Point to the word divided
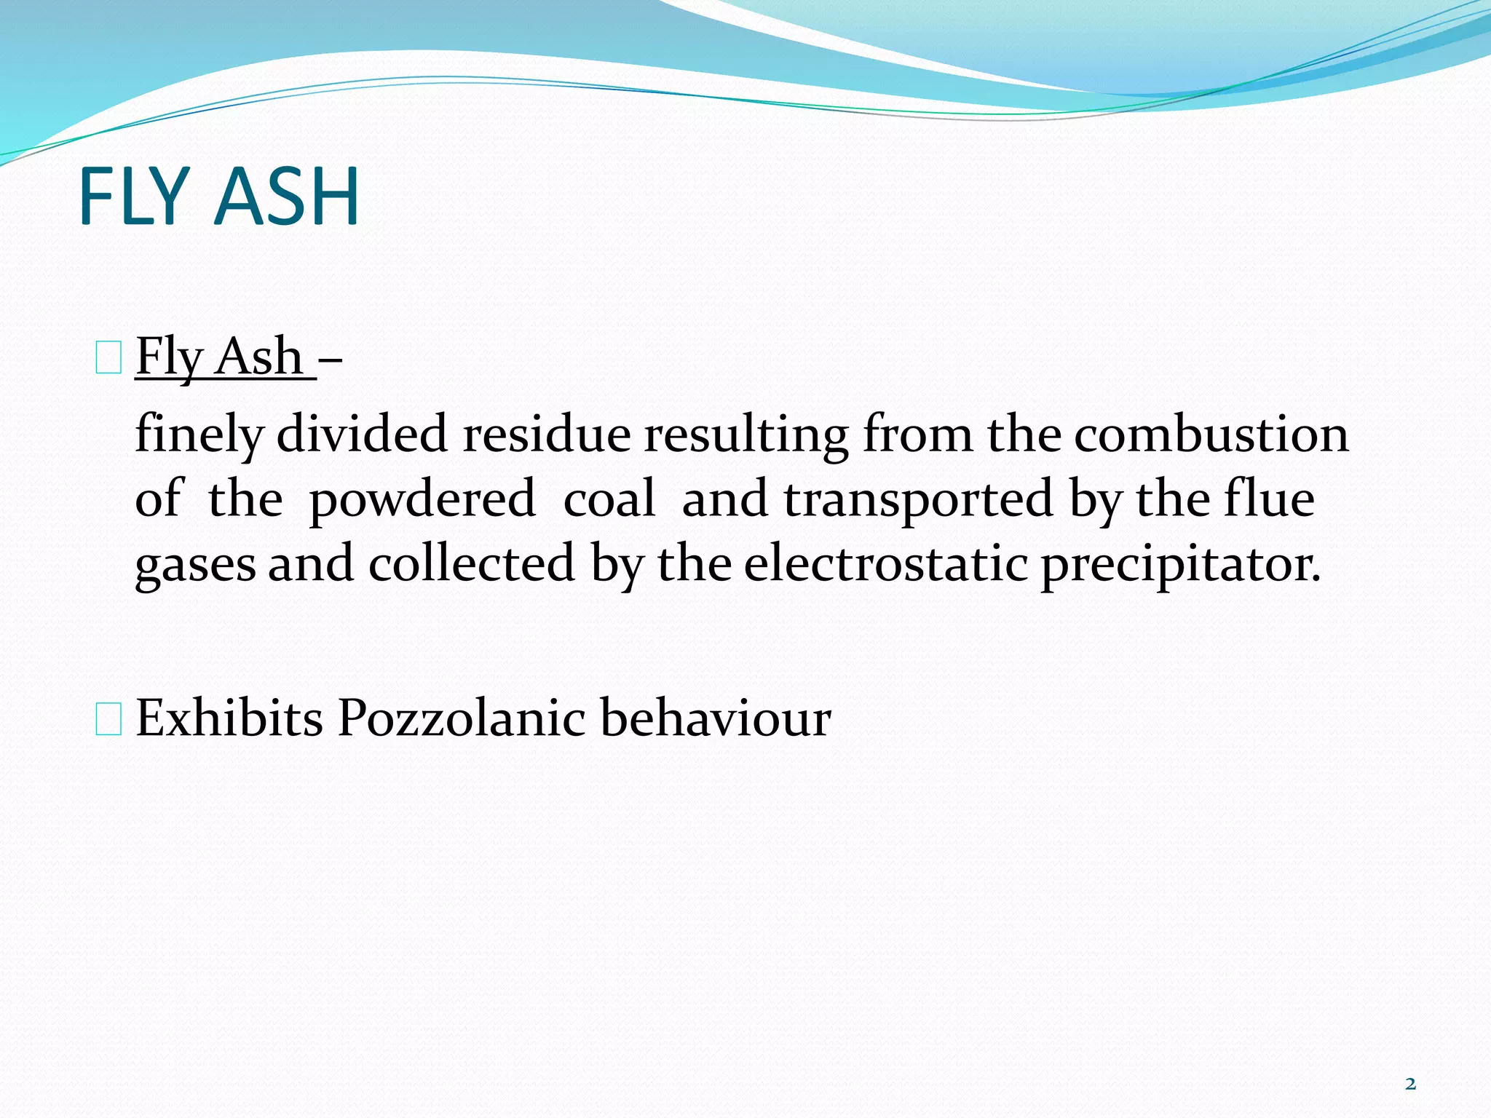click(362, 434)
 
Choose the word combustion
click(1211, 434)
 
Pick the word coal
click(609, 499)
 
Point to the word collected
click(472, 563)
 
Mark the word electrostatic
click(885, 563)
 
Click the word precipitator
click(1179, 565)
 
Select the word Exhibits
click(229, 718)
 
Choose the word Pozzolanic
click(461, 718)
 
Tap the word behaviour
click(715, 718)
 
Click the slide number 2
click(1410, 1085)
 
